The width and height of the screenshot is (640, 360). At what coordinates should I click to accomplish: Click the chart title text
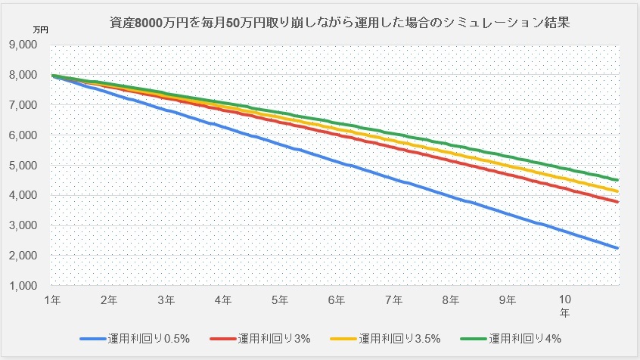[x=339, y=23]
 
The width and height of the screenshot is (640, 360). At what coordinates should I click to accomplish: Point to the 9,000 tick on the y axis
[x=26, y=45]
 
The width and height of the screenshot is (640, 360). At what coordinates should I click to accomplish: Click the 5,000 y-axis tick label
[x=26, y=165]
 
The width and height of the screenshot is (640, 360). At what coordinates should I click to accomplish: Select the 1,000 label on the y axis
[x=26, y=286]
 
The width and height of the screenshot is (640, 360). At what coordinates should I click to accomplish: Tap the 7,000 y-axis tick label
[x=26, y=105]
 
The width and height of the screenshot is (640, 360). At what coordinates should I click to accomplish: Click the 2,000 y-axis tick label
[x=26, y=256]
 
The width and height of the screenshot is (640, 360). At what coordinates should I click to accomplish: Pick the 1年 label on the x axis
[x=52, y=299]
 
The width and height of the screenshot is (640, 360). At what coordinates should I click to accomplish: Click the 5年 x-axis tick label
[x=280, y=299]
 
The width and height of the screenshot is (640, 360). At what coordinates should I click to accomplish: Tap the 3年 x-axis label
[x=166, y=299]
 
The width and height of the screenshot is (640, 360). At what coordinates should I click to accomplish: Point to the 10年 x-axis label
[x=564, y=305]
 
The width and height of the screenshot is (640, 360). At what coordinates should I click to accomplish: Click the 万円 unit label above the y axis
[x=40, y=29]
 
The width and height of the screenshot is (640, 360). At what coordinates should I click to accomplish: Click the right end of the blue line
[x=618, y=247]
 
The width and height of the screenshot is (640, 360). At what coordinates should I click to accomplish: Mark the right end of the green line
[x=618, y=180]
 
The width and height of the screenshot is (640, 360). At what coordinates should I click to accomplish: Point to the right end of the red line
[x=618, y=202]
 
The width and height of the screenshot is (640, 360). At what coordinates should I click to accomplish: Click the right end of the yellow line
[x=618, y=191]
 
